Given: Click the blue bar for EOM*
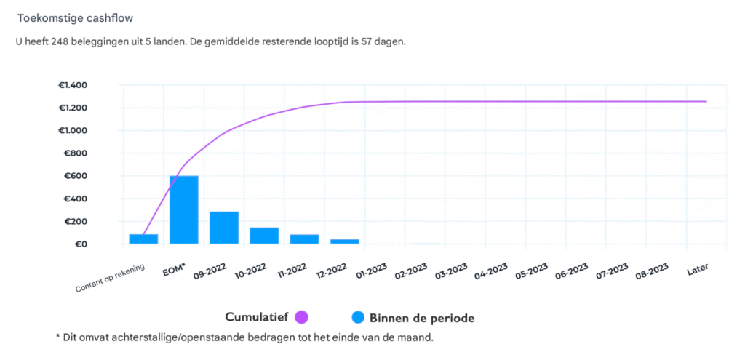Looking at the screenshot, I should (x=184, y=209).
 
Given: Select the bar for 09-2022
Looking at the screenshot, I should (x=224, y=228).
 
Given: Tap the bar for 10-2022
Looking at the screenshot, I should (x=264, y=236).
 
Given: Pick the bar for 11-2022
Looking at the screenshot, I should (x=304, y=239).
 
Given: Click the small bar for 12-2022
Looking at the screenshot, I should (x=345, y=241).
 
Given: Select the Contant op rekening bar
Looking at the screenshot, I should (x=143, y=239).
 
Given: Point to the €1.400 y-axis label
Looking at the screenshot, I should (x=73, y=85).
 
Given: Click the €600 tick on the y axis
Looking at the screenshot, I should (x=76, y=176).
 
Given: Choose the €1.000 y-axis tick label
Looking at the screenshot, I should (x=73, y=131).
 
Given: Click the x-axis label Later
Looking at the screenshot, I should (x=697, y=270).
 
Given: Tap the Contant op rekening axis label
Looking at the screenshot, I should (x=110, y=278).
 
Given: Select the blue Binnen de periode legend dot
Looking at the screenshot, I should (x=357, y=317).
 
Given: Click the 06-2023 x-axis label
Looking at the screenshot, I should (x=571, y=273).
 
